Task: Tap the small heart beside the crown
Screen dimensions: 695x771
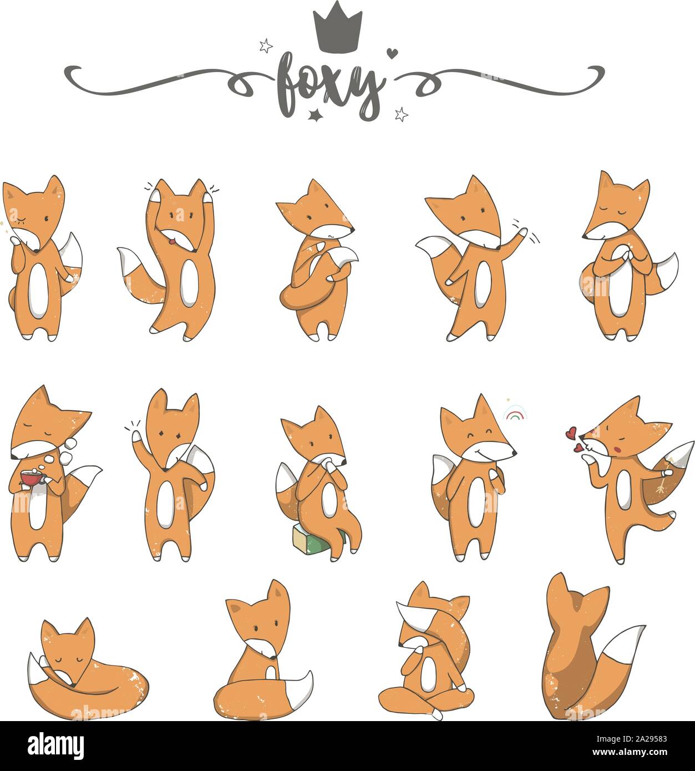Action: [x=392, y=53]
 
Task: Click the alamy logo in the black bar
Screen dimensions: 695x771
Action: [x=55, y=747]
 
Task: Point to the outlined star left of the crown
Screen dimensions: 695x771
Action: [x=266, y=45]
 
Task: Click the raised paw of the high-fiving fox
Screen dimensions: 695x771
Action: [x=136, y=437]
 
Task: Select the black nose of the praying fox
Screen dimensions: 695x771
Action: [x=584, y=237]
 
